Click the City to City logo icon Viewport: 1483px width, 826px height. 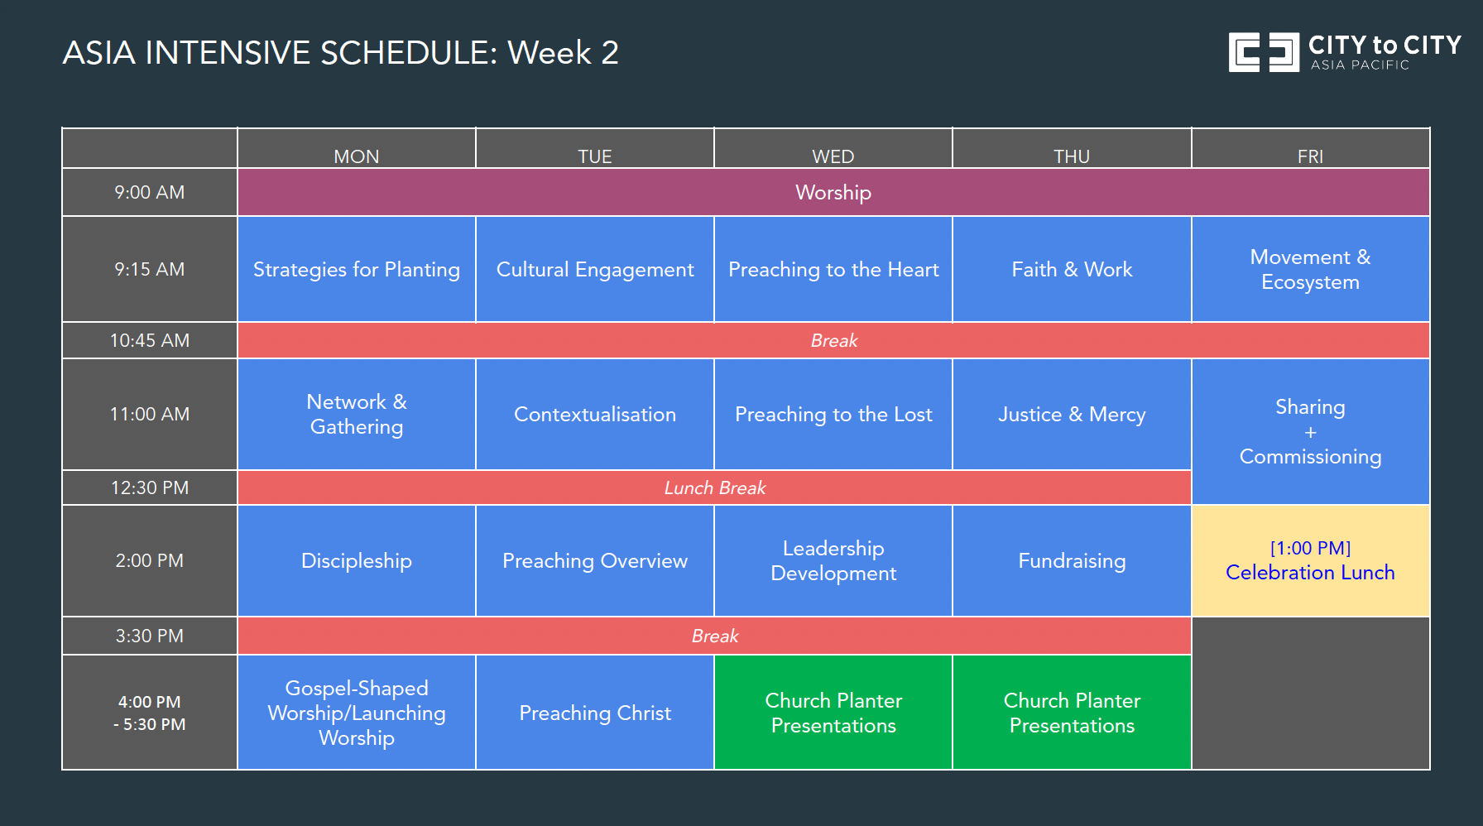(1263, 53)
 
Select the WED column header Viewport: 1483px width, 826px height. (833, 156)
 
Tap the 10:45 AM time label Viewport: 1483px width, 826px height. (150, 340)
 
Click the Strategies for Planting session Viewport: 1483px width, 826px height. (357, 270)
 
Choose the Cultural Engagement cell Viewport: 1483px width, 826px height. (595, 270)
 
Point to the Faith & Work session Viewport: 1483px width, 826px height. (1072, 270)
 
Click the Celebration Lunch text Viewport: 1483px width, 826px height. (1310, 572)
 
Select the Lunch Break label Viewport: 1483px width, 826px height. (715, 487)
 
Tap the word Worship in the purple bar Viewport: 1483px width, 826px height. (833, 193)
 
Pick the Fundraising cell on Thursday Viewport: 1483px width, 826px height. (1072, 561)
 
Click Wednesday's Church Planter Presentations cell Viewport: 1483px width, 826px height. (833, 713)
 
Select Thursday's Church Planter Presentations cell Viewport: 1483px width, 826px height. (1072, 713)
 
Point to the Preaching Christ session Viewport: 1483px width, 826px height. (595, 713)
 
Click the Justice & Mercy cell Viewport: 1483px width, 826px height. (1072, 415)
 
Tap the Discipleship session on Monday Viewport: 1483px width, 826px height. (357, 561)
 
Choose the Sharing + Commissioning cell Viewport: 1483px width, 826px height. (1310, 431)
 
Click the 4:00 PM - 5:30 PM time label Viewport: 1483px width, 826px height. (150, 713)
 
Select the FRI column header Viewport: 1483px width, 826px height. (1310, 156)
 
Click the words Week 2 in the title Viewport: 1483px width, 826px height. (563, 53)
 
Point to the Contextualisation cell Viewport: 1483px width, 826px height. (595, 415)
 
